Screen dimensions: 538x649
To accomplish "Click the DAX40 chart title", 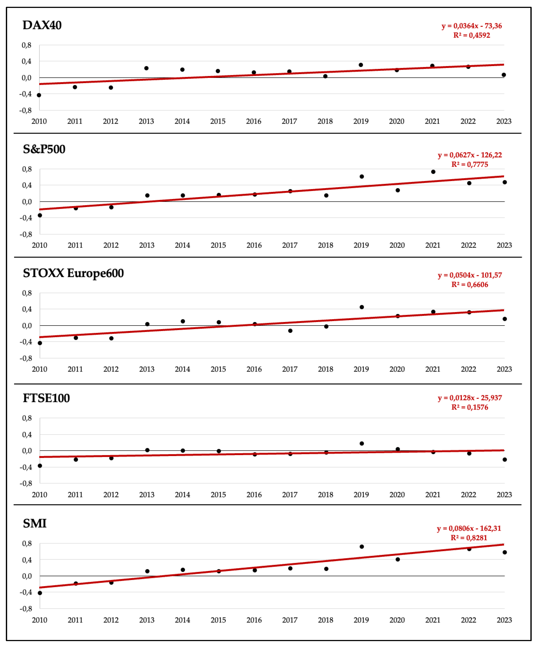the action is pyautogui.click(x=42, y=25).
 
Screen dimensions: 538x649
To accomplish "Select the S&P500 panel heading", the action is pyautogui.click(x=44, y=149).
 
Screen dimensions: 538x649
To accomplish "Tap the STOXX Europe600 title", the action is pyautogui.click(x=73, y=273).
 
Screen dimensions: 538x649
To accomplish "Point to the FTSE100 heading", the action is pyautogui.click(x=46, y=398).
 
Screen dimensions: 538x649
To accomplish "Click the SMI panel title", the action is pyautogui.click(x=35, y=524).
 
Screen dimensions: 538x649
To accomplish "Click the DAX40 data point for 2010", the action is pyautogui.click(x=39, y=95).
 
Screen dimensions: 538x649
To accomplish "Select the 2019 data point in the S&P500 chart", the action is pyautogui.click(x=362, y=176).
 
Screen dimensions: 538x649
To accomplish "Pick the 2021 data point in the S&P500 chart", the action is pyautogui.click(x=433, y=172).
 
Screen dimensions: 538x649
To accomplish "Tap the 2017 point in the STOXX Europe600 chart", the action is pyautogui.click(x=290, y=331).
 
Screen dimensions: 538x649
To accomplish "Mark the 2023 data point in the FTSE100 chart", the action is pyautogui.click(x=505, y=460).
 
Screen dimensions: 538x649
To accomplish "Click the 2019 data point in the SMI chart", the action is pyautogui.click(x=362, y=547).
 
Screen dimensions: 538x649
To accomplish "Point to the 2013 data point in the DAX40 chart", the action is pyautogui.click(x=147, y=68).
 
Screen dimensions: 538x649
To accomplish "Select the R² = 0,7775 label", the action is pyautogui.click(x=470, y=164).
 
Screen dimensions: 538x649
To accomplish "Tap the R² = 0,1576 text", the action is pyautogui.click(x=470, y=407).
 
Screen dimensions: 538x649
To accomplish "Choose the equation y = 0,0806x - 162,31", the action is pyautogui.click(x=469, y=528).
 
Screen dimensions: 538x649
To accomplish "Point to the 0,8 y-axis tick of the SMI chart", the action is pyautogui.click(x=27, y=544).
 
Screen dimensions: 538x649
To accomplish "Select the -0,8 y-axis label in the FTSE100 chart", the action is pyautogui.click(x=26, y=483).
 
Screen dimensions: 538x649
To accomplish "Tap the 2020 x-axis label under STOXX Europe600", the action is pyautogui.click(x=397, y=369).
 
